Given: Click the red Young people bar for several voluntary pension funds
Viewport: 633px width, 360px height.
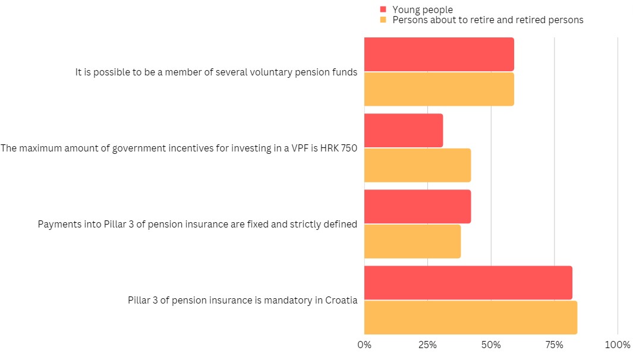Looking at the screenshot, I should point(439,54).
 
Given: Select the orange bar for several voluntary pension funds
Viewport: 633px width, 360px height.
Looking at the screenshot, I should point(439,89).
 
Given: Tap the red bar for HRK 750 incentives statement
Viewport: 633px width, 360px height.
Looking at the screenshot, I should point(404,130).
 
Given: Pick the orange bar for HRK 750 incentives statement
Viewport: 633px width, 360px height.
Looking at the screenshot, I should point(417,165).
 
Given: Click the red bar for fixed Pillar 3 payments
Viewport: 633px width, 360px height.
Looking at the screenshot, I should point(417,206).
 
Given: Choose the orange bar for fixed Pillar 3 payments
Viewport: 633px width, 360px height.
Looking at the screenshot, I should point(412,241).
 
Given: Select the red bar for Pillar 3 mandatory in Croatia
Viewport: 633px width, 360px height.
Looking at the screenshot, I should point(468,283).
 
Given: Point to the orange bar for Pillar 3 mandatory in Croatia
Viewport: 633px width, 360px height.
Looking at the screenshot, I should point(470,317).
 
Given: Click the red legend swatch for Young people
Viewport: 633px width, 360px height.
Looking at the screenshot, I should point(383,10).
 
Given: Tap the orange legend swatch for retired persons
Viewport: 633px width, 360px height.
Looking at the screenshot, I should point(383,20).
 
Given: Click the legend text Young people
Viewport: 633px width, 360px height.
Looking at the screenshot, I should point(423,10).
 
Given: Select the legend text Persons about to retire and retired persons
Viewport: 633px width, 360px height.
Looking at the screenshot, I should point(488,20).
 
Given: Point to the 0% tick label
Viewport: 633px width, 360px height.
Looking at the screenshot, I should point(364,345).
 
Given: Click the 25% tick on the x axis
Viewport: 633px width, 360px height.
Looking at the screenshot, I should point(427,345).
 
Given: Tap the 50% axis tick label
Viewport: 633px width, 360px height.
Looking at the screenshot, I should point(491,345).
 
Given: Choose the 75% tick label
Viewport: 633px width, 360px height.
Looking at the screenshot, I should point(555,345).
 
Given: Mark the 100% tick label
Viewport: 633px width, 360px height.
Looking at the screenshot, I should point(618,345).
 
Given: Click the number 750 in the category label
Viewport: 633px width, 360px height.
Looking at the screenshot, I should point(349,149).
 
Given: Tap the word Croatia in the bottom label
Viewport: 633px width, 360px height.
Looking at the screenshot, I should point(341,300).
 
